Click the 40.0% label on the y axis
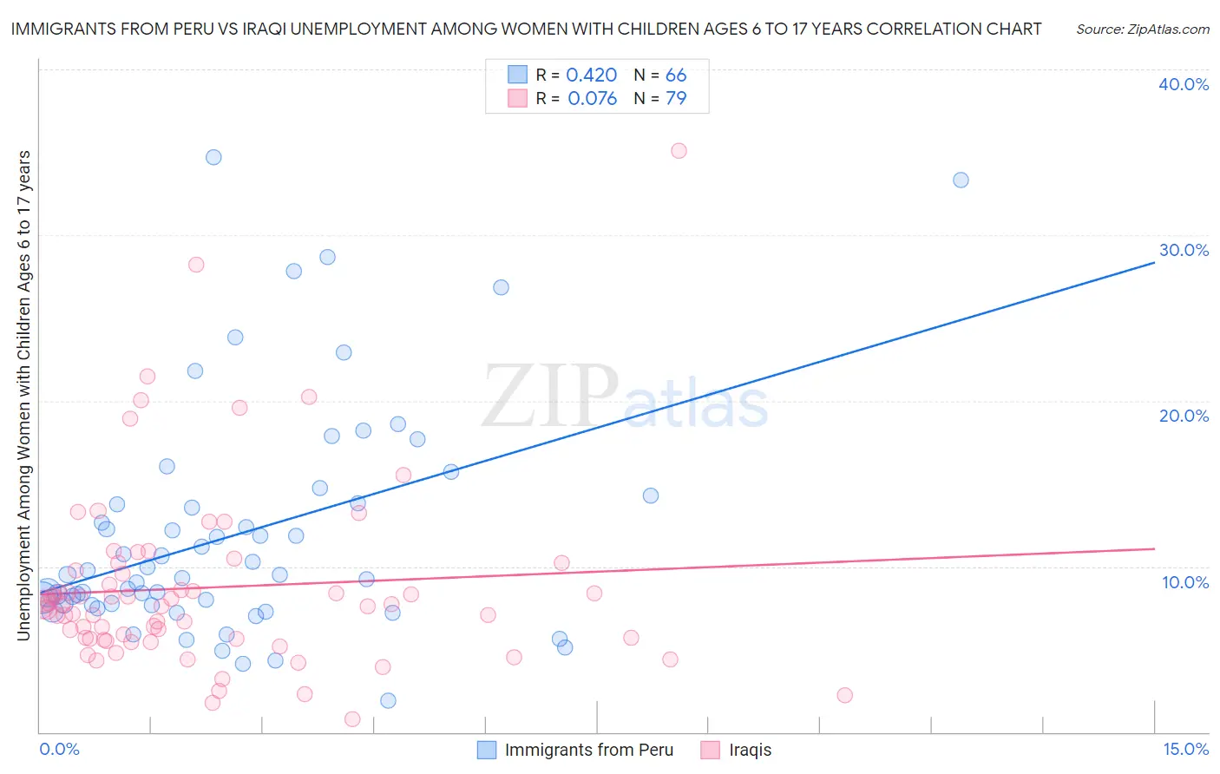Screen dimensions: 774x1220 pyautogui.click(x=1184, y=84)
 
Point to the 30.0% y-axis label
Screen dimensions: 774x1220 pyautogui.click(x=1184, y=250)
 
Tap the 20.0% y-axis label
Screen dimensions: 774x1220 pyautogui.click(x=1184, y=416)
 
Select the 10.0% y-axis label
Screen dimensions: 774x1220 pyautogui.click(x=1185, y=582)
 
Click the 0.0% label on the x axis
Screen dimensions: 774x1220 pyautogui.click(x=59, y=749)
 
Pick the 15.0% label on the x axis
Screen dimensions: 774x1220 pyautogui.click(x=1185, y=749)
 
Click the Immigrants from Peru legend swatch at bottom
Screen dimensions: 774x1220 pyautogui.click(x=488, y=750)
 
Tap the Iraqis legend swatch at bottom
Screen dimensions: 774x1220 pyautogui.click(x=711, y=750)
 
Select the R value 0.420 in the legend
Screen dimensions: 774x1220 pyautogui.click(x=591, y=75)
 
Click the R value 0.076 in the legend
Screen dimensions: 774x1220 pyautogui.click(x=592, y=99)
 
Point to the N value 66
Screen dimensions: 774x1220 pyautogui.click(x=676, y=75)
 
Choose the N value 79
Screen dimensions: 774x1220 pyautogui.click(x=676, y=99)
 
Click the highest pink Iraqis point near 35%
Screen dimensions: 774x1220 pyautogui.click(x=679, y=151)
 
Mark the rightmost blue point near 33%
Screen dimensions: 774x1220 pyautogui.click(x=961, y=180)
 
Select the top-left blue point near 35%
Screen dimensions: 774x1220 pyautogui.click(x=213, y=157)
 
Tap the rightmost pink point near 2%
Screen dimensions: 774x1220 pyautogui.click(x=844, y=695)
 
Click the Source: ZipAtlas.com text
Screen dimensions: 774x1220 pyautogui.click(x=1142, y=30)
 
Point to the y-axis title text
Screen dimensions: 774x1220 pyautogui.click(x=23, y=396)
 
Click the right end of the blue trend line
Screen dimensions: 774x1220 pyautogui.click(x=1154, y=261)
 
